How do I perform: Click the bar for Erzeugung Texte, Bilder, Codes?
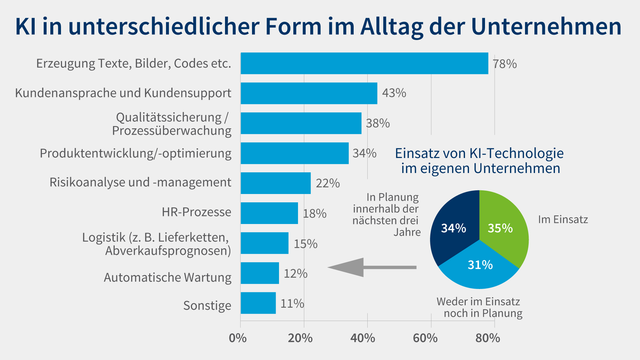364,63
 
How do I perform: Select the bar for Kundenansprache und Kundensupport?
309,93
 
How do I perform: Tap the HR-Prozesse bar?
269,213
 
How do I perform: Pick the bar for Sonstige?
258,303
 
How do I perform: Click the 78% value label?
505,64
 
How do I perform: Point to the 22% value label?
328,183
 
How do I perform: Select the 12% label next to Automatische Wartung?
295,274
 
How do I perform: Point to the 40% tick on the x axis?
363,338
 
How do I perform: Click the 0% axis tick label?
238,338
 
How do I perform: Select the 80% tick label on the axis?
488,338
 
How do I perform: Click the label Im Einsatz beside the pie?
563,220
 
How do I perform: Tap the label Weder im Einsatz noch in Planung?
479,307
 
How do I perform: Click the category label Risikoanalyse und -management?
140,182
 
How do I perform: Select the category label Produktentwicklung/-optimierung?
136,153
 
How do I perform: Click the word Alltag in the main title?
392,27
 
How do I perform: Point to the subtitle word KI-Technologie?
516,153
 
